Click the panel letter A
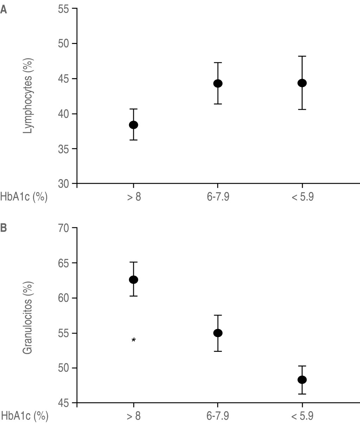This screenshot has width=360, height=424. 4,9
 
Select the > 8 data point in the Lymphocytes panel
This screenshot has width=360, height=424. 133,125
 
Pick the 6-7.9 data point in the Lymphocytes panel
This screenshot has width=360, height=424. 218,83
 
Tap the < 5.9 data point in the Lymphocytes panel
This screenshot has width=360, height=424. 302,83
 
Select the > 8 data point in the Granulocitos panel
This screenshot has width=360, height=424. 133,280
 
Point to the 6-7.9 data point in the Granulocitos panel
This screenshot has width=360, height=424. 218,333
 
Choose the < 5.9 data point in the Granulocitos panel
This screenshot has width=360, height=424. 302,380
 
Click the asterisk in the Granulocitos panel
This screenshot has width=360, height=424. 134,340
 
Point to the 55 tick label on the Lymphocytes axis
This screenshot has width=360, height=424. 65,9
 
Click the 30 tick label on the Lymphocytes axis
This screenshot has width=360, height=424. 65,184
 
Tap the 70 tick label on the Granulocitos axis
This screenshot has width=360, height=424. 65,228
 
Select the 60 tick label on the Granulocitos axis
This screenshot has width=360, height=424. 65,298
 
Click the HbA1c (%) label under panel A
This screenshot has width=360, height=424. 24,197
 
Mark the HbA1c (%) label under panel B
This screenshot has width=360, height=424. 24,416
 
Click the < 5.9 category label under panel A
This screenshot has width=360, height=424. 302,197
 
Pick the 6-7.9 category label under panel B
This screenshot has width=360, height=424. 218,416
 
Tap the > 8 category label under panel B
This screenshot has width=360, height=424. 134,416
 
